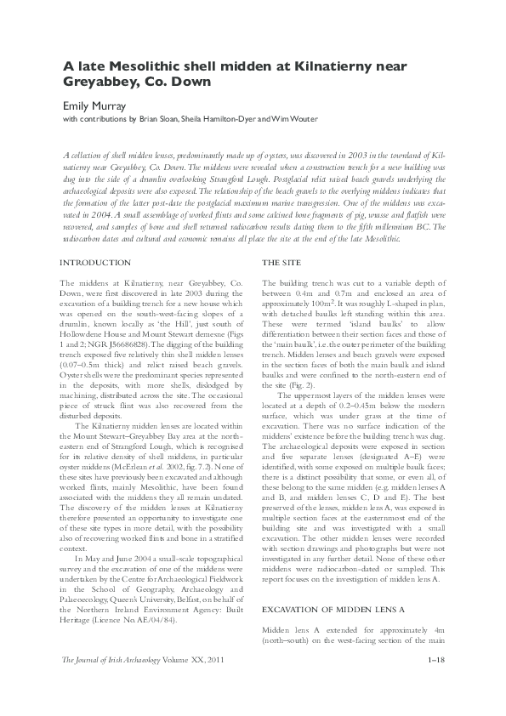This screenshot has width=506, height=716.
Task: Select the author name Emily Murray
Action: [x=94, y=107]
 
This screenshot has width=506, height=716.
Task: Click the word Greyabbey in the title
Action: [x=100, y=82]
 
